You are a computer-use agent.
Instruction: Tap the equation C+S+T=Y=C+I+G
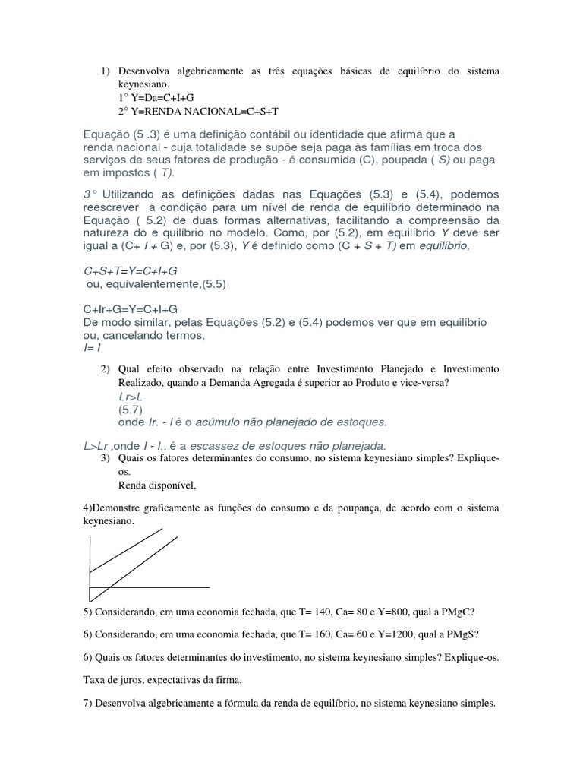(131, 270)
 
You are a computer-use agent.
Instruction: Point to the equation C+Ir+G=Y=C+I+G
(131, 308)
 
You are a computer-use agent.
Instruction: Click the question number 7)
(90, 703)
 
